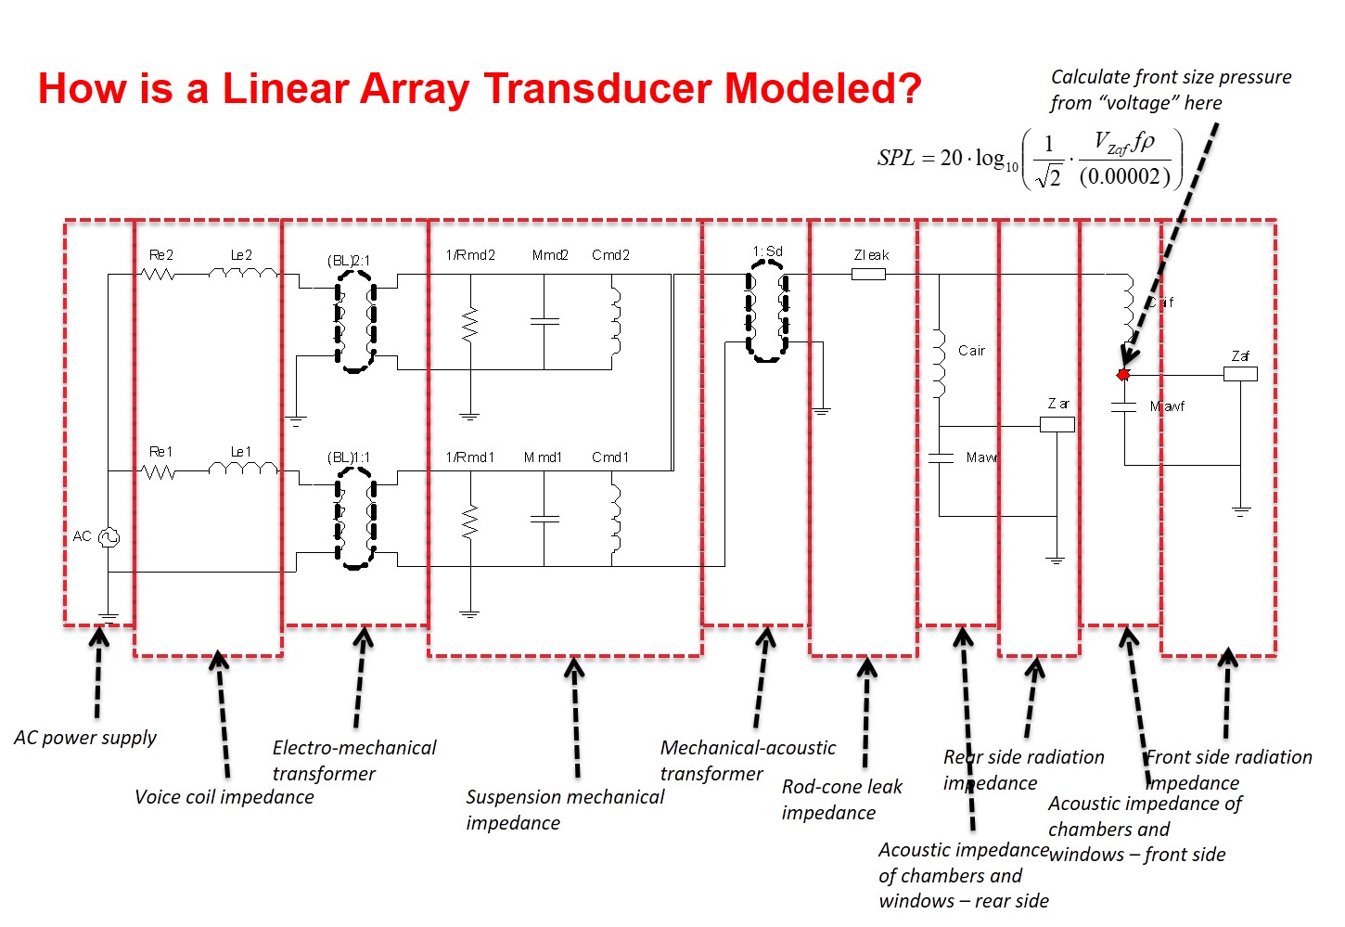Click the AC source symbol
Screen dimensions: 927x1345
(109, 536)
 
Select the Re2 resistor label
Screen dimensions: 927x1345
(161, 255)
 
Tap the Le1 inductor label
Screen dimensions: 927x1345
(241, 452)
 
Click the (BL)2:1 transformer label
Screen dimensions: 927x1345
(348, 261)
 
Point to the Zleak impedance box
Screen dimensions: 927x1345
(868, 274)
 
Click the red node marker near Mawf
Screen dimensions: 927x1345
(1123, 375)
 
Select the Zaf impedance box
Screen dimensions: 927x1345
(1240, 374)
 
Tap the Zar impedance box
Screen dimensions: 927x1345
(1057, 424)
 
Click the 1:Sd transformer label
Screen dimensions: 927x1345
(767, 251)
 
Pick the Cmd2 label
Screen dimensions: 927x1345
(610, 255)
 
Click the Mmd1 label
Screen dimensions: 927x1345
(543, 457)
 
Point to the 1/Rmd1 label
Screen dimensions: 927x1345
(470, 457)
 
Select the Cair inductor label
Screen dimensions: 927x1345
(971, 351)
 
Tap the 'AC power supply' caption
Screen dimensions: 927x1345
(85, 738)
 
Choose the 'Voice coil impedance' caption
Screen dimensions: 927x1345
(224, 797)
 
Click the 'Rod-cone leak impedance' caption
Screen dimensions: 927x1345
(841, 799)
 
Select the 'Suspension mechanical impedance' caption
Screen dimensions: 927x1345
(565, 809)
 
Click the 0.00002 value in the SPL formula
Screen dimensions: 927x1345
(1124, 176)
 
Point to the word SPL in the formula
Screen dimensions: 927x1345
(896, 158)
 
